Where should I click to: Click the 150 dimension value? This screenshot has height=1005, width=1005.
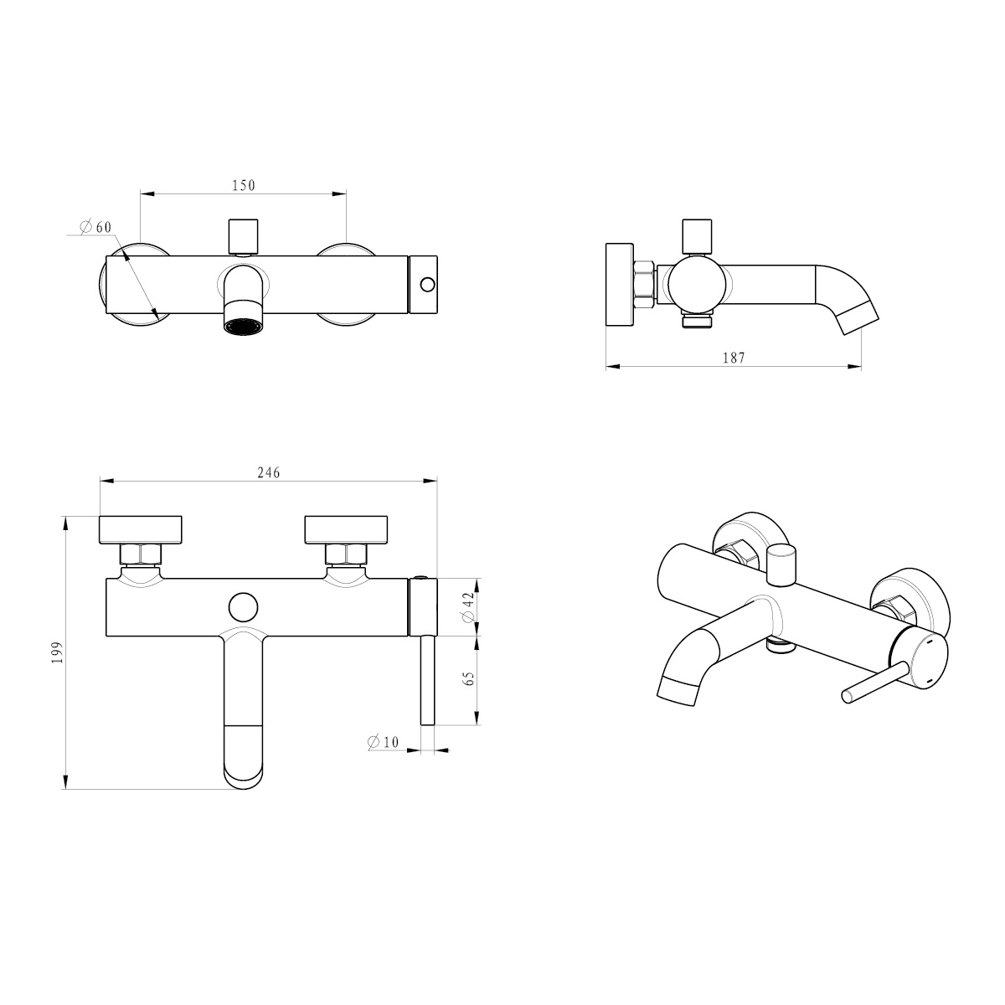[x=244, y=185]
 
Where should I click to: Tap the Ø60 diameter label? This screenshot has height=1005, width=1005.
[x=96, y=227]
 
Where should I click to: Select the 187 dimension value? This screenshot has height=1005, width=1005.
[x=734, y=358]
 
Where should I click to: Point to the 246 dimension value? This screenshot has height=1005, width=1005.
[x=269, y=472]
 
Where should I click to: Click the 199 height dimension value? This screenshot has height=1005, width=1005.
[x=58, y=652]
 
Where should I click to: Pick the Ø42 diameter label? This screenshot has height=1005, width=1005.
[x=468, y=607]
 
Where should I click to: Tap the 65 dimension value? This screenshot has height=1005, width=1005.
[x=469, y=678]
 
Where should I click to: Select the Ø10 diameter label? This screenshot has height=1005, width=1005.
[x=384, y=742]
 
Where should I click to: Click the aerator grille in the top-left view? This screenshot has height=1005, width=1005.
[x=244, y=326]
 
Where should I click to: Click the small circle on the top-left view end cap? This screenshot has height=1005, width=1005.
[x=428, y=285]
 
